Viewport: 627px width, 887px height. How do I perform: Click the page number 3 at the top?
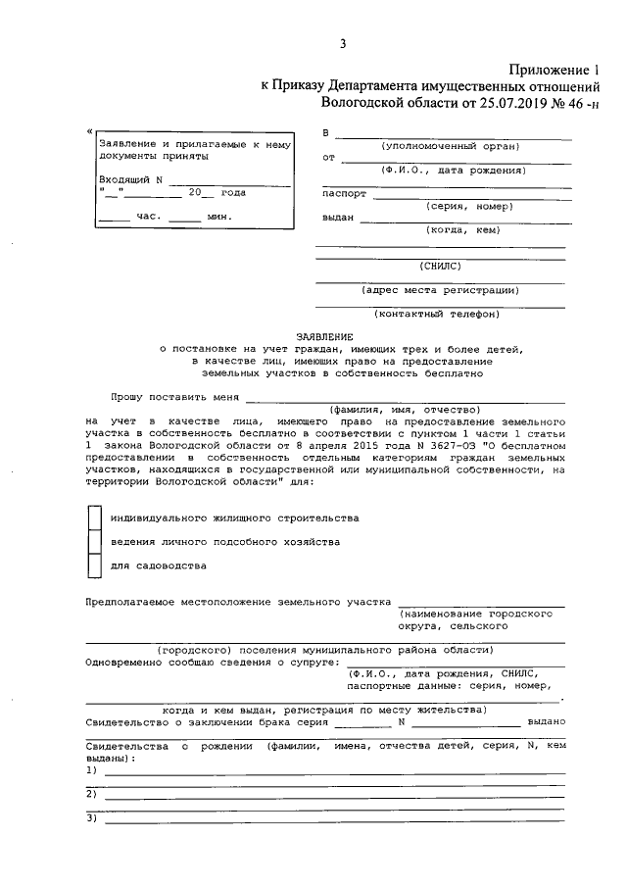343,43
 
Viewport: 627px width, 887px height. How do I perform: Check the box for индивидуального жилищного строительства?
94,517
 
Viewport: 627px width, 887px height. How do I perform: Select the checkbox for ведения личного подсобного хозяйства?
94,542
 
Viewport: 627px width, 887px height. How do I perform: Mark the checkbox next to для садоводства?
94,566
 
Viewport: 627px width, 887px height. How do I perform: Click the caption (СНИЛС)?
439,265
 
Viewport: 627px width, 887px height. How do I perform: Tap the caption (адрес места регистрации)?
440,289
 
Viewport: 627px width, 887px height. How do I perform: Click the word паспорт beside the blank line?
343,194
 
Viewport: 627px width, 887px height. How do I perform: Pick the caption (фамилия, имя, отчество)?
403,409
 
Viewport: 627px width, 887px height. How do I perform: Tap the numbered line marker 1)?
92,770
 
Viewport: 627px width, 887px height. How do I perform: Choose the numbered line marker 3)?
92,817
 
